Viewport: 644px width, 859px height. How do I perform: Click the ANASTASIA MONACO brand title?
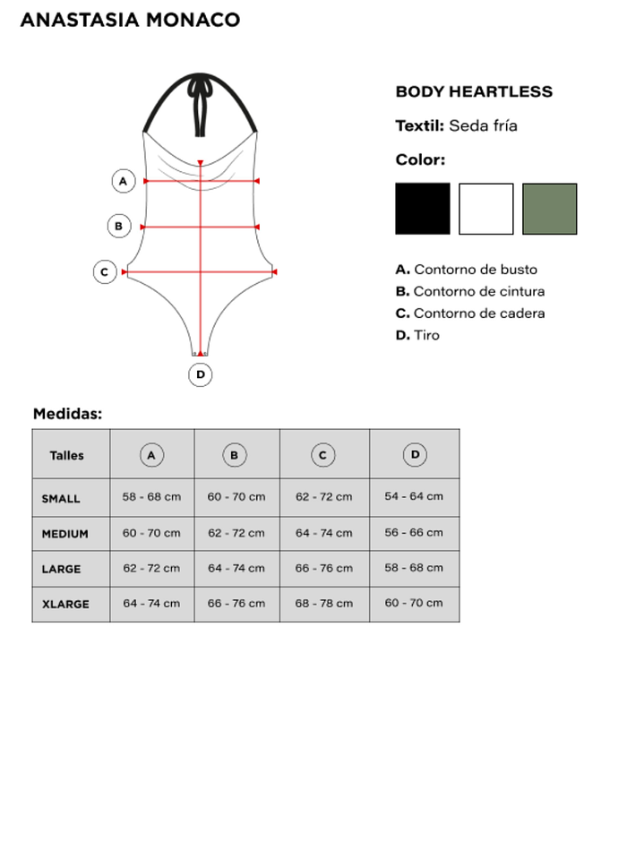coord(130,20)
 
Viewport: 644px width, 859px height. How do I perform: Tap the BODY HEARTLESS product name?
coord(474,91)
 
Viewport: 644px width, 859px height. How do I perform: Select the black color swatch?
coord(423,209)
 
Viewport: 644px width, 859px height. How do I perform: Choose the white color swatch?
coord(486,209)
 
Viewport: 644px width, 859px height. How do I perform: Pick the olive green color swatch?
coord(549,209)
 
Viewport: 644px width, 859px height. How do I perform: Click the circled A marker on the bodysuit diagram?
coord(124,181)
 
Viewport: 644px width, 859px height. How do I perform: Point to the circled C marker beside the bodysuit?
coord(105,271)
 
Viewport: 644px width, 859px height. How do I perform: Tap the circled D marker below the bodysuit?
coord(200,374)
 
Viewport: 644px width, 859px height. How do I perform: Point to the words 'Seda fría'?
coord(483,125)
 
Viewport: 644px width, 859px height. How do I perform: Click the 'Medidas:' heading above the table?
coord(67,414)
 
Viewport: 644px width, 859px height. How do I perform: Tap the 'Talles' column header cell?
coord(67,455)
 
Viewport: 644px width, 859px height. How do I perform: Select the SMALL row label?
coord(61,498)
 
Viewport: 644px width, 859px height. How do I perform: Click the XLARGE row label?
coord(65,604)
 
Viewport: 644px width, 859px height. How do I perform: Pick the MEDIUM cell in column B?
coord(236,533)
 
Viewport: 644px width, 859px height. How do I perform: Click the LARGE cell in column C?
coord(323,568)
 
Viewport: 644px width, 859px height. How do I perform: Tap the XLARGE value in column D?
coord(414,603)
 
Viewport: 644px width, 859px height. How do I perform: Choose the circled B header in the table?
coord(234,455)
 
